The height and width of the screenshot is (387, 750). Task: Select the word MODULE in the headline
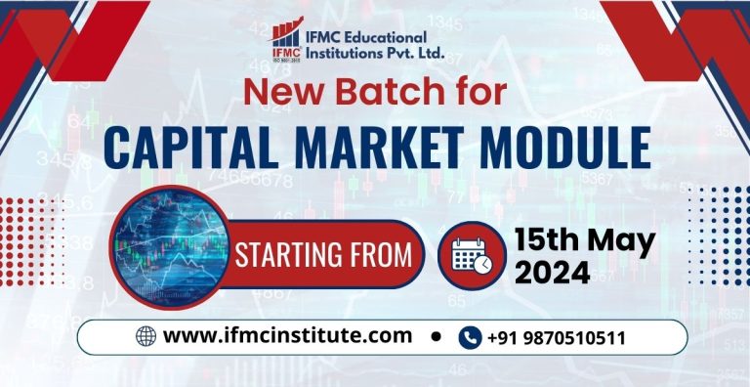(x=572, y=148)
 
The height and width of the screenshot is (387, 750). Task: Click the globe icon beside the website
(x=146, y=336)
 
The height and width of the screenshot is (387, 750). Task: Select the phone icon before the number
(x=470, y=337)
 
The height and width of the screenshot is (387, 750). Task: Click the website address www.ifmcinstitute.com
(x=287, y=336)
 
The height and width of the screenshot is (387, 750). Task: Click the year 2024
(x=553, y=274)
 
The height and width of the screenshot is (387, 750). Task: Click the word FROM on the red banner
(x=383, y=255)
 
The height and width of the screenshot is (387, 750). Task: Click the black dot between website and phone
(x=436, y=336)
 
